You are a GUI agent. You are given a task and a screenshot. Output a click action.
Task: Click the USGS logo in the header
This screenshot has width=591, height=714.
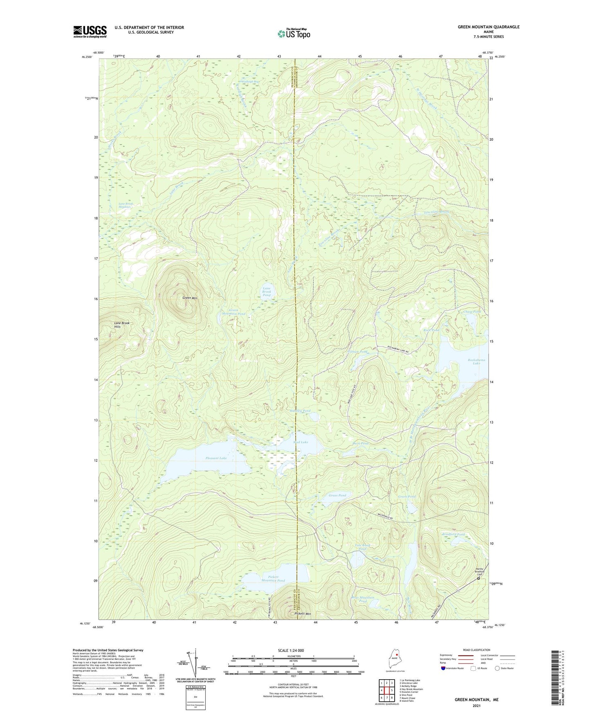(x=90, y=31)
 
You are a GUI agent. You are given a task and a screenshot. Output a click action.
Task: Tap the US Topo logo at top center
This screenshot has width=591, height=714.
(x=294, y=34)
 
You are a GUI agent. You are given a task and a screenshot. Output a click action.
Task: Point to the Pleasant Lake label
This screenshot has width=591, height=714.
(x=216, y=458)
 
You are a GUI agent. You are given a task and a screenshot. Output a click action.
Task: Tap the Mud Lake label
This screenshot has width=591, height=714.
(x=301, y=442)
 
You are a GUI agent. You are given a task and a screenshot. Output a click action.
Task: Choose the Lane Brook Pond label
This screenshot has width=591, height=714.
(x=266, y=292)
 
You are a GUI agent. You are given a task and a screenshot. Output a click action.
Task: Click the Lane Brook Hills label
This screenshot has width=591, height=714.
(x=121, y=325)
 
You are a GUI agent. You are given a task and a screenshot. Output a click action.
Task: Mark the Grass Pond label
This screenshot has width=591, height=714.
(x=337, y=495)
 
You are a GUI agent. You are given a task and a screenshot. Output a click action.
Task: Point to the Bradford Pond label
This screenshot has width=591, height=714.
(x=453, y=534)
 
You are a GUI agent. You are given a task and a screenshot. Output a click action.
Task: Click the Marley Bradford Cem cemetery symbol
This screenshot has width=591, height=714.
(x=479, y=578)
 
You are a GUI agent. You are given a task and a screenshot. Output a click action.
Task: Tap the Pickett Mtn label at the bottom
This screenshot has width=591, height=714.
(x=303, y=614)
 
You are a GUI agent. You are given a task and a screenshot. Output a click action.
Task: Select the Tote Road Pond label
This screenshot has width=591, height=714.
(x=362, y=547)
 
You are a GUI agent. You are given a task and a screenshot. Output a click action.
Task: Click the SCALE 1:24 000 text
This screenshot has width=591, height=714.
(x=291, y=650)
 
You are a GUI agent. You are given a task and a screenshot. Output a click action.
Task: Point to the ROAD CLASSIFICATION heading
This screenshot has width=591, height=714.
(x=476, y=650)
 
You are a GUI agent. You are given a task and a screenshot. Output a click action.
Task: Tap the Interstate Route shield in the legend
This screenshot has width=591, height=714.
(x=443, y=668)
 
